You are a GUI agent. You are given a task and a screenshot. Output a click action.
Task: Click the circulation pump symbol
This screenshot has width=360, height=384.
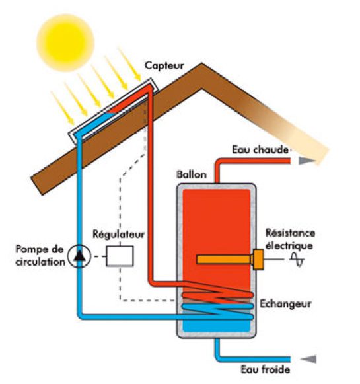80,256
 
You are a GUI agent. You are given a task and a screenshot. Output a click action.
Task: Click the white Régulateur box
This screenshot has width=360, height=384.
120,256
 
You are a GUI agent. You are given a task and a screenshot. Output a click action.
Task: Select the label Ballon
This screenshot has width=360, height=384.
192,175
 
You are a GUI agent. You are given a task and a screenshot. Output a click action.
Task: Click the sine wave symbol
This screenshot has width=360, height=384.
297,262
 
